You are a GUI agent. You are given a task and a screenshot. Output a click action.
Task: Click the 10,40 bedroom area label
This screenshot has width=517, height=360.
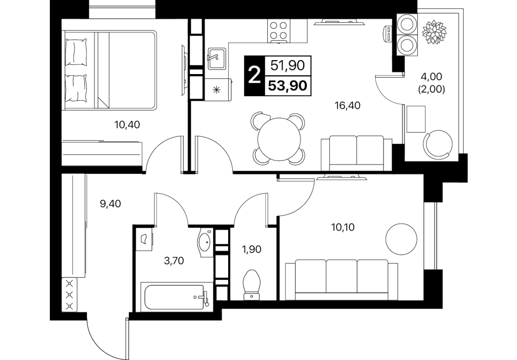coord(127,125)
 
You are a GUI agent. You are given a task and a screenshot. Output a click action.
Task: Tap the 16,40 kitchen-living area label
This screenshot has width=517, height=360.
coord(347,105)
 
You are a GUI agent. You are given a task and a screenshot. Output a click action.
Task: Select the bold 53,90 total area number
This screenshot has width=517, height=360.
coord(287,86)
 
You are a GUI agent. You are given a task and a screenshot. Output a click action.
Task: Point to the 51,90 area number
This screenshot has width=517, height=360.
coord(287,65)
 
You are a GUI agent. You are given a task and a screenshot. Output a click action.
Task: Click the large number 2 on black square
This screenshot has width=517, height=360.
coord(254,76)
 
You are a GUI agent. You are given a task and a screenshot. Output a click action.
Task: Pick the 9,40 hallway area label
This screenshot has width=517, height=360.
coord(110,204)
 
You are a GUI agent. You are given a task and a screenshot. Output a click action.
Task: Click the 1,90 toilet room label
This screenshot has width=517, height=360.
coord(252,249)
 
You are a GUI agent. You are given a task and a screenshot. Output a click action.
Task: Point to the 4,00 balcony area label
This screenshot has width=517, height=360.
coord(431,77)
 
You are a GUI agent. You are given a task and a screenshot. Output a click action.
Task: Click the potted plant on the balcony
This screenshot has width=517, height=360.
coord(434,32)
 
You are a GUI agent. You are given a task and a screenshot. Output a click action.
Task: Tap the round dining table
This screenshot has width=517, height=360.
coord(280,139)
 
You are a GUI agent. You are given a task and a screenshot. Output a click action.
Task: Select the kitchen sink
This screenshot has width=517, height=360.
coord(217,59)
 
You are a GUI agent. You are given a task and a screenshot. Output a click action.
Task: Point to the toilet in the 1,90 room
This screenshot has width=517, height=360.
coord(252,285)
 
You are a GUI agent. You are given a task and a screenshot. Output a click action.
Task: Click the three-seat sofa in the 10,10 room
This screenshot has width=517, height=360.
coord(341,279)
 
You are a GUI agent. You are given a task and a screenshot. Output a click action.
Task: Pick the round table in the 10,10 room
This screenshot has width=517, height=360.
coord(401,239)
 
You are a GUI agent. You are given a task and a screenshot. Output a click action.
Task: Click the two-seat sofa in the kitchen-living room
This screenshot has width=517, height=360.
coord(357,153)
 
